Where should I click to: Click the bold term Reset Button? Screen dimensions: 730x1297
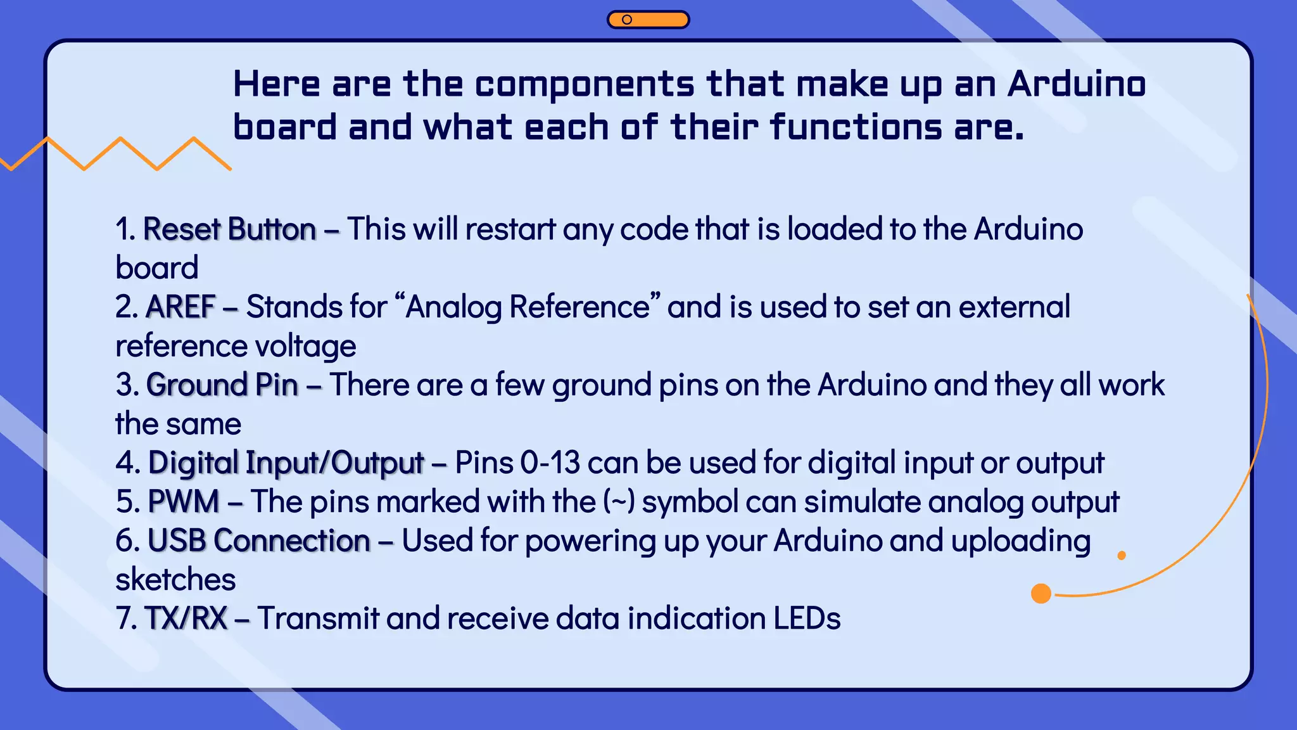coord(229,229)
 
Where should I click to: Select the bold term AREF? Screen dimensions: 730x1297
coord(180,307)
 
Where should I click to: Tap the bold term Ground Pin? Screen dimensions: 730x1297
coord(222,385)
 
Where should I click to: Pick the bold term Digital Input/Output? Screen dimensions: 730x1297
coord(286,463)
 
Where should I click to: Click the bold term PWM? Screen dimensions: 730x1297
coord(183,502)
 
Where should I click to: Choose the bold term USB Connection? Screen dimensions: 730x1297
coord(258,541)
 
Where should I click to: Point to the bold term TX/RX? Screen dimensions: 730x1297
coord(186,618)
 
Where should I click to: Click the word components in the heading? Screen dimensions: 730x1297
coord(584,84)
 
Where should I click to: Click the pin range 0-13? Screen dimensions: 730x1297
coord(550,463)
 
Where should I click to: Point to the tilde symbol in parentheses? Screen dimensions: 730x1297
coord(619,502)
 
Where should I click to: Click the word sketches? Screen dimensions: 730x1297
coord(175,580)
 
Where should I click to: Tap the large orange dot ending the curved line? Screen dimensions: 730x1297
coord(1041,594)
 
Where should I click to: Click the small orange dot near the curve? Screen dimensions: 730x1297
coord(1122,556)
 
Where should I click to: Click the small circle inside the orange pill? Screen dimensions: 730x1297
coord(627,20)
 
